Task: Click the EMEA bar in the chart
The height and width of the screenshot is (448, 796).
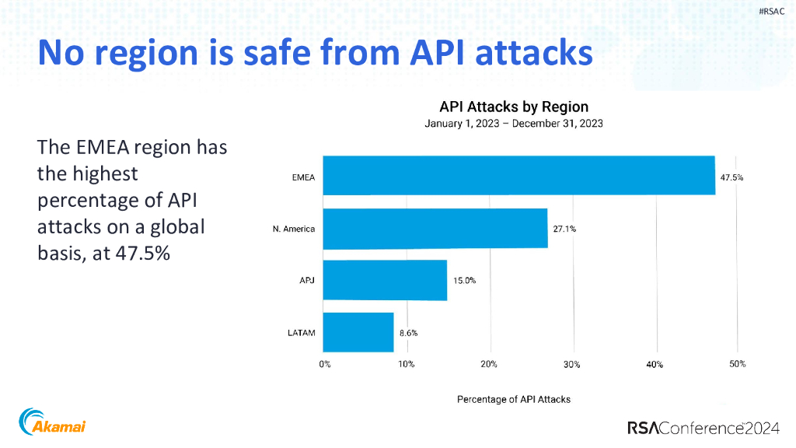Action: (x=519, y=176)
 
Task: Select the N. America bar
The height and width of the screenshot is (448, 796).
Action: (x=435, y=228)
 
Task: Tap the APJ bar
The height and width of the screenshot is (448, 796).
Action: (x=385, y=280)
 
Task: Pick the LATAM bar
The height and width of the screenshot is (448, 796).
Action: (x=358, y=332)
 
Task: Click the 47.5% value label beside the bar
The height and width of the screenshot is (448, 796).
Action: (x=731, y=177)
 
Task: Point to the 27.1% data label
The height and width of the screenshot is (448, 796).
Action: (x=564, y=229)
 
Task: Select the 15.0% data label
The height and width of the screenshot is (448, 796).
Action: (x=464, y=281)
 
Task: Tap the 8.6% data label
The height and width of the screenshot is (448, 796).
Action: (x=408, y=333)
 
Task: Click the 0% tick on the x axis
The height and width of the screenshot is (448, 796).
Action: (x=324, y=364)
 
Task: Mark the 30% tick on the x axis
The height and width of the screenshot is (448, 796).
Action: (x=572, y=364)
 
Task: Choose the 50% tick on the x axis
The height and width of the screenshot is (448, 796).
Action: (x=737, y=364)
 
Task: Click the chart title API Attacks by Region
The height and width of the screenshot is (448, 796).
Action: (x=514, y=107)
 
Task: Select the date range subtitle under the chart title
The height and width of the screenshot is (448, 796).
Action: (x=514, y=123)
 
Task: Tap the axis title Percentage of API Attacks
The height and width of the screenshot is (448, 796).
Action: (x=514, y=399)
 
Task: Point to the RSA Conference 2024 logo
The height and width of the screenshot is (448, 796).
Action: (x=707, y=427)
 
